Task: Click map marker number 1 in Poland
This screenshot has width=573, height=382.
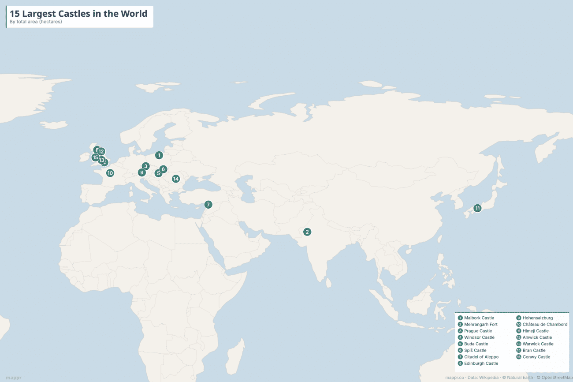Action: [159, 155]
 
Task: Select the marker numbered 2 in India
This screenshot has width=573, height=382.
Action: [307, 232]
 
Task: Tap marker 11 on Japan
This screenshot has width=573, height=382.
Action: [477, 208]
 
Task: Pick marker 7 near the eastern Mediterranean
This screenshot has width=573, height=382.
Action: [208, 205]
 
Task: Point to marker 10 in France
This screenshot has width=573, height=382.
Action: [110, 173]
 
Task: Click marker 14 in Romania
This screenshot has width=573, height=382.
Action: [176, 179]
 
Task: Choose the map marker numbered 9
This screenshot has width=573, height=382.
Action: [141, 172]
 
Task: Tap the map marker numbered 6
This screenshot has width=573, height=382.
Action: [163, 169]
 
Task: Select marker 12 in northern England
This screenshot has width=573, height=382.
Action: [101, 152]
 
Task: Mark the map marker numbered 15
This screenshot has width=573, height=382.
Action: [95, 157]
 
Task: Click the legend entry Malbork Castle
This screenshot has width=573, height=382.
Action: [479, 318]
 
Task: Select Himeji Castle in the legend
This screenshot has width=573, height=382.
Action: [536, 331]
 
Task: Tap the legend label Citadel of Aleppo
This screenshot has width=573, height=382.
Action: [481, 357]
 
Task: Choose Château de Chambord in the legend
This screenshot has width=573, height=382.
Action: [545, 324]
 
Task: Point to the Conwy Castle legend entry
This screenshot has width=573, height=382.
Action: [536, 357]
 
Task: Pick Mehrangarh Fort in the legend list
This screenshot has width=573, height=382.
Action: [480, 324]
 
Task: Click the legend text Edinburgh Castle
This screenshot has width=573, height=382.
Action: [481, 363]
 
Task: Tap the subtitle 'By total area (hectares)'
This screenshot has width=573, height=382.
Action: [36, 22]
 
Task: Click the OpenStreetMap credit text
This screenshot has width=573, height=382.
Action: [556, 378]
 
